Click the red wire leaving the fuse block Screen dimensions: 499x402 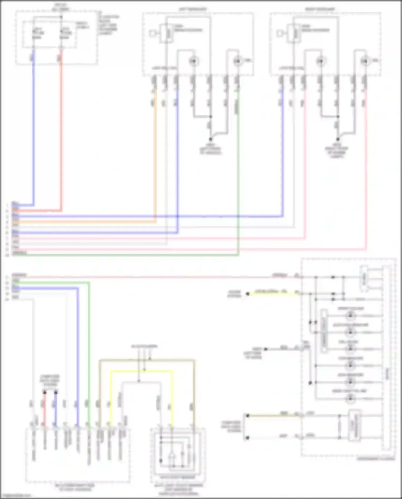61,134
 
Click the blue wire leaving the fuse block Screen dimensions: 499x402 33,134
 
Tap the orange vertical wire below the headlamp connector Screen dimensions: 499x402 155,161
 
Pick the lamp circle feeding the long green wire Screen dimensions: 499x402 237,61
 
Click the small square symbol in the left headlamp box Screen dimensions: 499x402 152,34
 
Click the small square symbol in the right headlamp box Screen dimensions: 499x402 280,34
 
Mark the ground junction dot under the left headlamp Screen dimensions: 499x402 211,139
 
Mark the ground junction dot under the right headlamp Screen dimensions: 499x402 338,139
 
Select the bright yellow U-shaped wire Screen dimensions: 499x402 142,371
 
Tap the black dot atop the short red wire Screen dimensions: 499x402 45,393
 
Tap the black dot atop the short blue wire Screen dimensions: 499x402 56,393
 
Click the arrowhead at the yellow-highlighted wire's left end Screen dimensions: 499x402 247,294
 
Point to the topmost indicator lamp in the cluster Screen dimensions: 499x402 350,316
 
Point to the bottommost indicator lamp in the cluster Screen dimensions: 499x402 350,399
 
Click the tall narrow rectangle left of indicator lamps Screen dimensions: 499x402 324,331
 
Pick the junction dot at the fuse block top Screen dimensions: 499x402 61,17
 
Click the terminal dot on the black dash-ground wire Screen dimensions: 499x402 266,349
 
